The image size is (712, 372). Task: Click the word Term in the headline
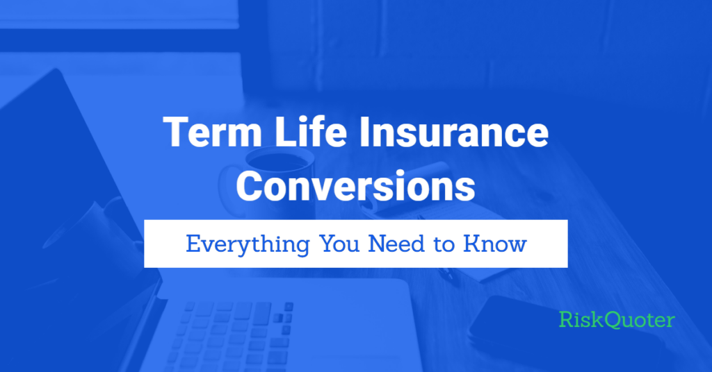(213, 132)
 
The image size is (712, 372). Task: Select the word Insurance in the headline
(453, 132)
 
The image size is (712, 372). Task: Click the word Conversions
(355, 186)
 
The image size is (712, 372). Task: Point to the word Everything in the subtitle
(248, 245)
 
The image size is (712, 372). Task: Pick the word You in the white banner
(339, 244)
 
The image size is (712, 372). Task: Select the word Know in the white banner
(495, 244)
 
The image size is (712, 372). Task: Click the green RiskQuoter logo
(617, 319)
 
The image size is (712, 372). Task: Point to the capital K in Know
(472, 244)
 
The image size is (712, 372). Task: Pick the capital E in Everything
(193, 244)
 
